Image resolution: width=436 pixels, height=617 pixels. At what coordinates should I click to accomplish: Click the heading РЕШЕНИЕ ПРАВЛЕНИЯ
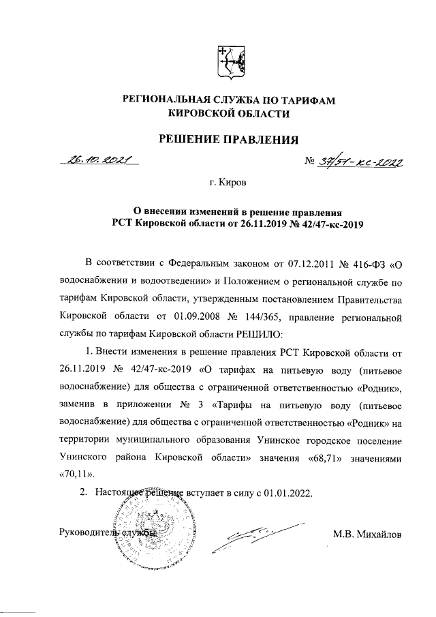click(x=230, y=140)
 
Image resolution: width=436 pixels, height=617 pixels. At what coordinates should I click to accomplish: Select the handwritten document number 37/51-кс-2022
click(x=361, y=162)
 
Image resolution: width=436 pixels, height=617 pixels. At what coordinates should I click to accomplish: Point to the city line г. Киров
click(x=229, y=183)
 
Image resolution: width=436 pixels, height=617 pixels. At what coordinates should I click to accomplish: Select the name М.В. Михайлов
click(x=367, y=533)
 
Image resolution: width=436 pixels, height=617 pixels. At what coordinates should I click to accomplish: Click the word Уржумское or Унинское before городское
click(x=285, y=440)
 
